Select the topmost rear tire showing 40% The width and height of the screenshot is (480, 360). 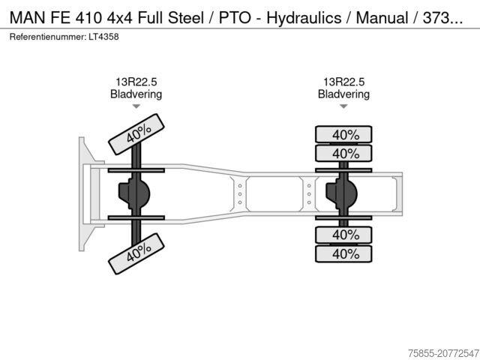coord(344,135)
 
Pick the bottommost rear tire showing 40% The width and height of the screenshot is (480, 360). coord(344,254)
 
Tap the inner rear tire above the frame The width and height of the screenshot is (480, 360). coord(344,154)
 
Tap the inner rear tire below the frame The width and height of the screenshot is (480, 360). coord(344,235)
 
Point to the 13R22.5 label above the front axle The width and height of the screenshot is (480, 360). coord(136,82)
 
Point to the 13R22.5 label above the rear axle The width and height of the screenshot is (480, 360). coord(343,82)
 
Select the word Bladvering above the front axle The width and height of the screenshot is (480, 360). coord(136,94)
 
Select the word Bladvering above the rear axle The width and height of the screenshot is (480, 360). coord(343,94)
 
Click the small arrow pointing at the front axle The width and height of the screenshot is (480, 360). coord(136,106)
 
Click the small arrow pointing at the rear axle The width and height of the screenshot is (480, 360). coord(343,106)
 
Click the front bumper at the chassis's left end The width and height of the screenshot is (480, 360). coord(83,194)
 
